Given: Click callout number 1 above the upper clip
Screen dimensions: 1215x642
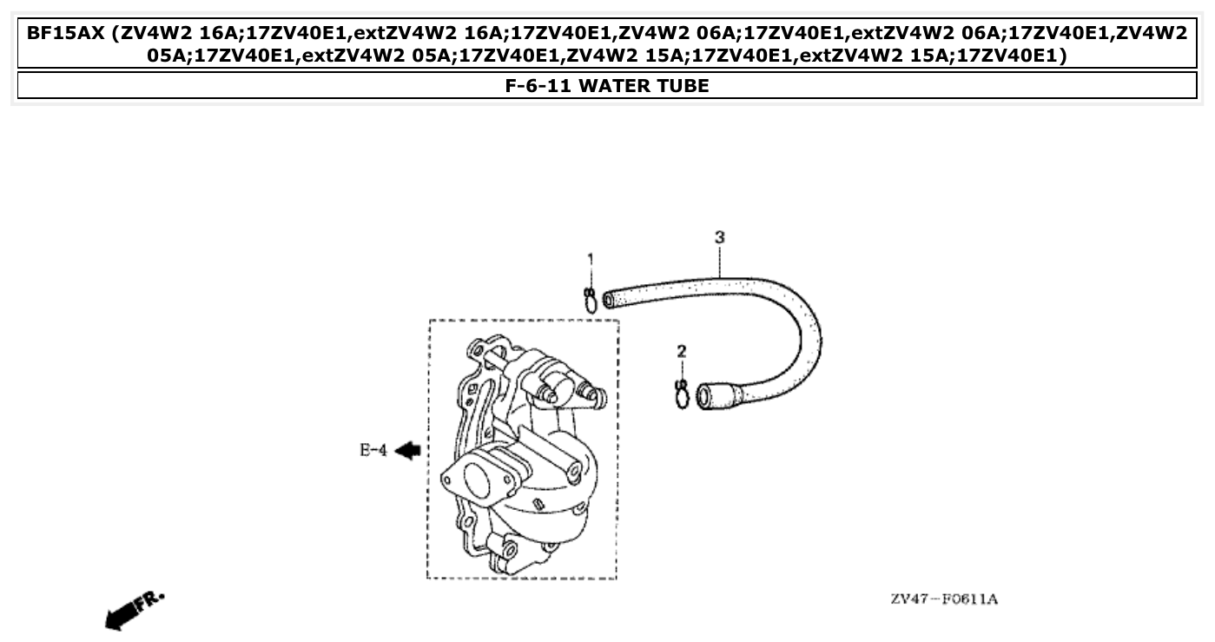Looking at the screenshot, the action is point(590,258).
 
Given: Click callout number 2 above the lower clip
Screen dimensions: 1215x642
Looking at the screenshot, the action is point(682,351).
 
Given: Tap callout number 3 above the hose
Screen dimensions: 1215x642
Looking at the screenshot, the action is point(719,236).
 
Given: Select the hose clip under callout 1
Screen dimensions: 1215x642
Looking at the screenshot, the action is point(590,301).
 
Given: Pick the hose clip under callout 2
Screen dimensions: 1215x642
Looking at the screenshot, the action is point(682,394).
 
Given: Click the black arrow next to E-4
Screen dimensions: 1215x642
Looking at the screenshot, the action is point(407,450).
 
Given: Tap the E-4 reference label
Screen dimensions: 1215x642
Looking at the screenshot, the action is point(373,450).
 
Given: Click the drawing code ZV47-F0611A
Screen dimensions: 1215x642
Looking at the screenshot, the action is point(943,599).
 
